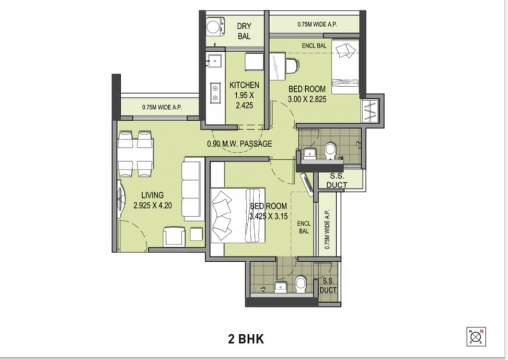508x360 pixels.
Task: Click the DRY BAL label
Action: pos(244,31)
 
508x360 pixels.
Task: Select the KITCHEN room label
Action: pos(244,85)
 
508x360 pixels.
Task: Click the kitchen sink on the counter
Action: pos(214,60)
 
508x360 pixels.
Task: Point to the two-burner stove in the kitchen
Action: pos(215,92)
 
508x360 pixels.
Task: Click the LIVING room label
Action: pos(152,195)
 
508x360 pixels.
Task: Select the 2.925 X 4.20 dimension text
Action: pos(152,205)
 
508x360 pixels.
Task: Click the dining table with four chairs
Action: pos(135,154)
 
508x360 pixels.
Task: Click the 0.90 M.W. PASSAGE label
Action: pos(239,144)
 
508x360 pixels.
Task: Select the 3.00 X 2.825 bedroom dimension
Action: pos(307,99)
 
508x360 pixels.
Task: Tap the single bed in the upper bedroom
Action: pos(345,67)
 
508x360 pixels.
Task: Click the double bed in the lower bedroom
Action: pos(238,215)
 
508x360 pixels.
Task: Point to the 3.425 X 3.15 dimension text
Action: pos(269,216)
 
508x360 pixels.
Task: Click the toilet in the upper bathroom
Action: pos(330,150)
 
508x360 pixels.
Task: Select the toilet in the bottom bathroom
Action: pos(301,284)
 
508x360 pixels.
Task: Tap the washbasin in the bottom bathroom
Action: pos(281,287)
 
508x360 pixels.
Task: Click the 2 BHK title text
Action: pos(246,339)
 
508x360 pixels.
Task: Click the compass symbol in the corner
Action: pos(476,337)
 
